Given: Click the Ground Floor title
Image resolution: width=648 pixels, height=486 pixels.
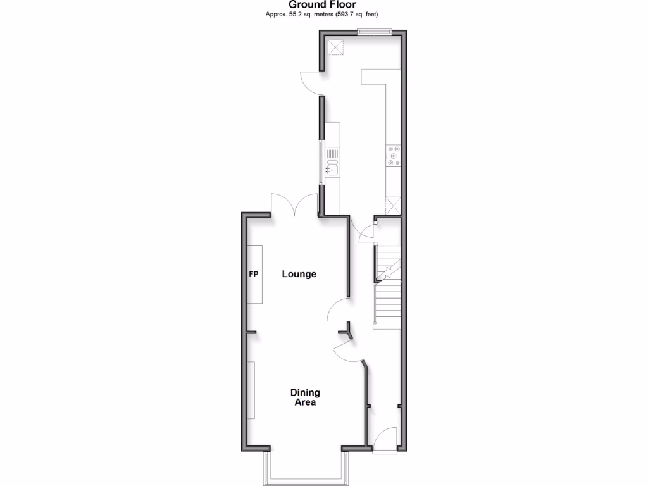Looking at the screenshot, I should (326, 5).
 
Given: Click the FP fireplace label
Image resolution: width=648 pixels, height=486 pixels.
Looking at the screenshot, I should (253, 275).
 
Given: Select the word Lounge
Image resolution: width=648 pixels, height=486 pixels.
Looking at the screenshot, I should (299, 275).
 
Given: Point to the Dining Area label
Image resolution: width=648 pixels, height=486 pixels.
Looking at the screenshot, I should (305, 397).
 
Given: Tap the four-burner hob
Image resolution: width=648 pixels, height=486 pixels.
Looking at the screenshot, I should (394, 156).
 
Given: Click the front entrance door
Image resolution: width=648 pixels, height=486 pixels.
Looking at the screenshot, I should (385, 440).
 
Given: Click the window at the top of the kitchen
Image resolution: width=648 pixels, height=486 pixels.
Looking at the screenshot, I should (374, 32).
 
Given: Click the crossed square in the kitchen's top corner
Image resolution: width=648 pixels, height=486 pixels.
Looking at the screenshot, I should (335, 47).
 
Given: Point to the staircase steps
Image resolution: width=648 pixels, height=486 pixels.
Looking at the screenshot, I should (387, 304).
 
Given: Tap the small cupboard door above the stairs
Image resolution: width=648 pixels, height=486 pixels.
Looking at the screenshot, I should (366, 234).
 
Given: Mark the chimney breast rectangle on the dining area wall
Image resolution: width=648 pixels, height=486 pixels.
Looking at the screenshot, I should (251, 390).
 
